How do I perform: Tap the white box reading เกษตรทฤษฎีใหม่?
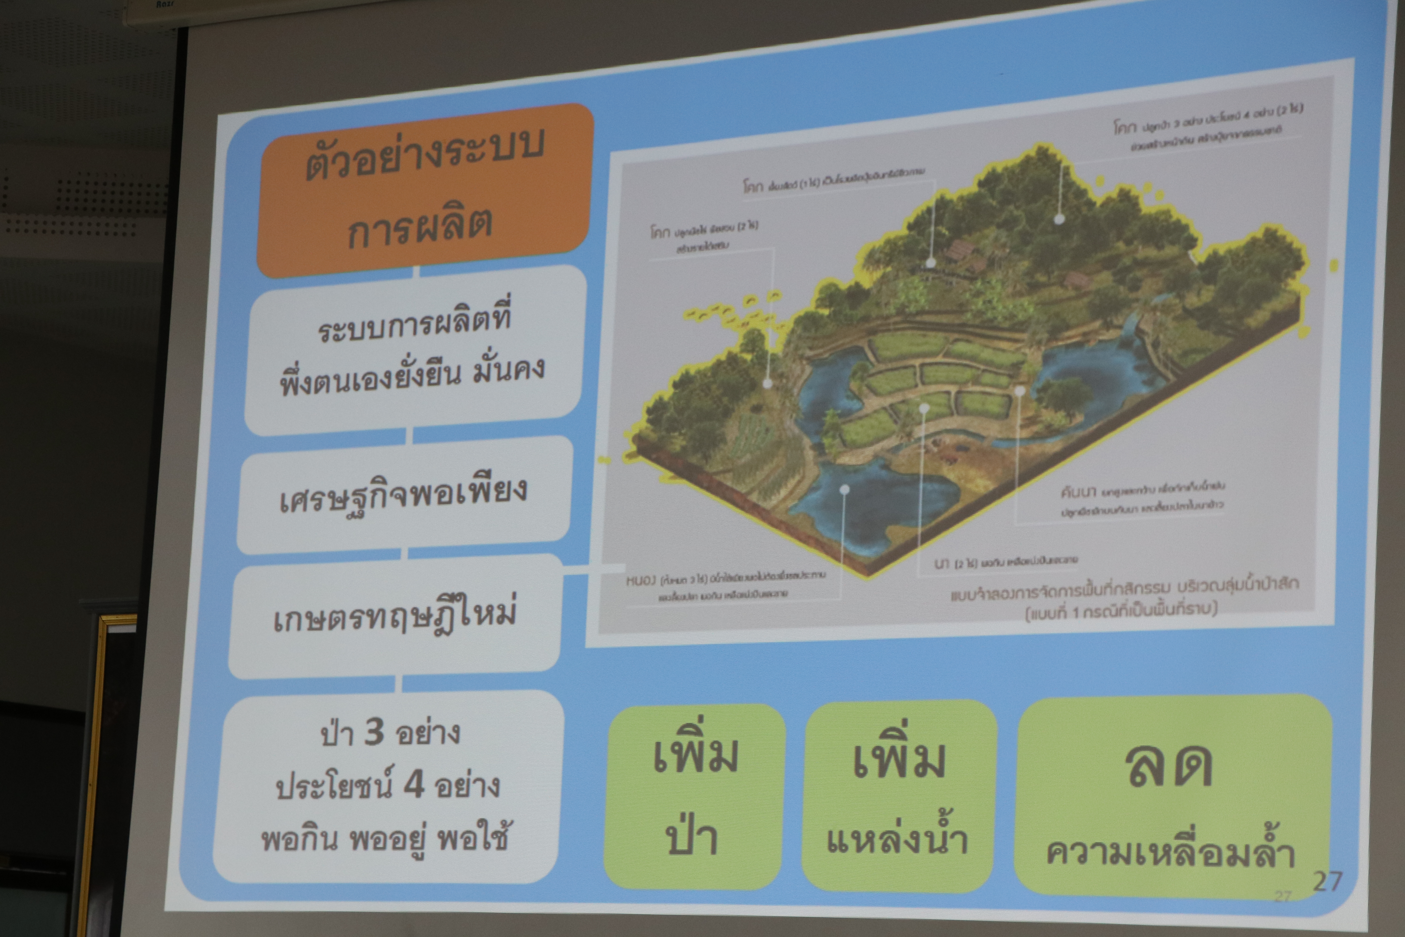click(394, 616)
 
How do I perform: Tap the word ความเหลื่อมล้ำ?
click(1171, 851)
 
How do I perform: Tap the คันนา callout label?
click(1078, 492)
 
